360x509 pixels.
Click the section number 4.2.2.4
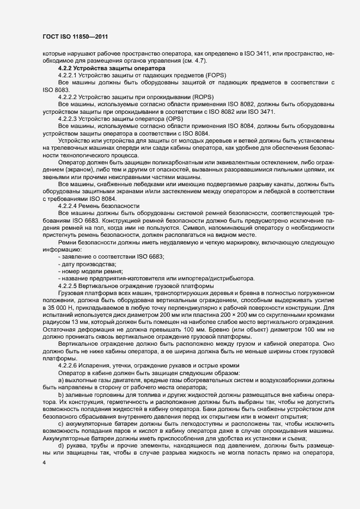71,205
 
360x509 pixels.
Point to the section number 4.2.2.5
71,285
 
